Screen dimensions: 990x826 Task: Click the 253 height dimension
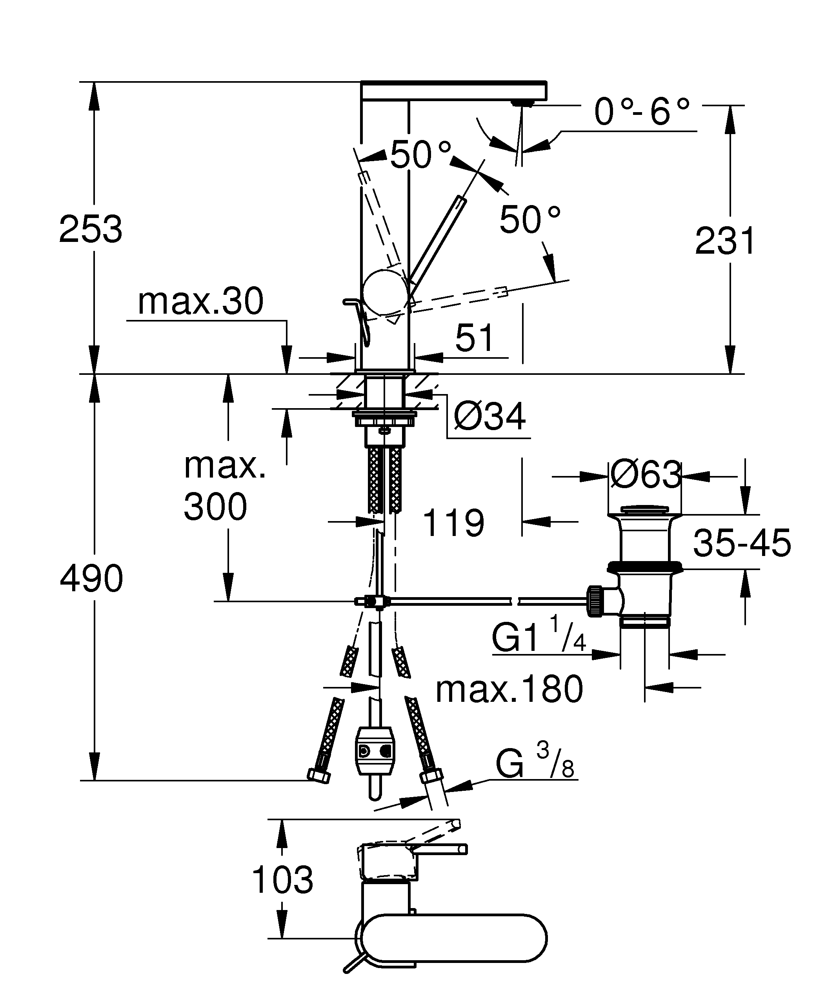[x=91, y=230]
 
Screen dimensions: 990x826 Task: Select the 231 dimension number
[x=725, y=242]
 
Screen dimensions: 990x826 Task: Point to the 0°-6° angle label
[x=642, y=112]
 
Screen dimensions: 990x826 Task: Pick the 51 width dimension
[x=474, y=338]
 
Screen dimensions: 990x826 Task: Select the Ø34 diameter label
[x=489, y=417]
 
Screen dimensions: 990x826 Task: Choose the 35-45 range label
[x=742, y=543]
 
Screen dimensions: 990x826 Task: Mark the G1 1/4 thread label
[x=537, y=636]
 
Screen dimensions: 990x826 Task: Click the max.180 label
[x=509, y=690]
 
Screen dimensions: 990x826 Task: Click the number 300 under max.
[x=215, y=507]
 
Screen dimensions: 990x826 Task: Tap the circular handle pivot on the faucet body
[x=384, y=292]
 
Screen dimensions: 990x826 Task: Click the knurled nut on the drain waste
[x=595, y=601]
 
